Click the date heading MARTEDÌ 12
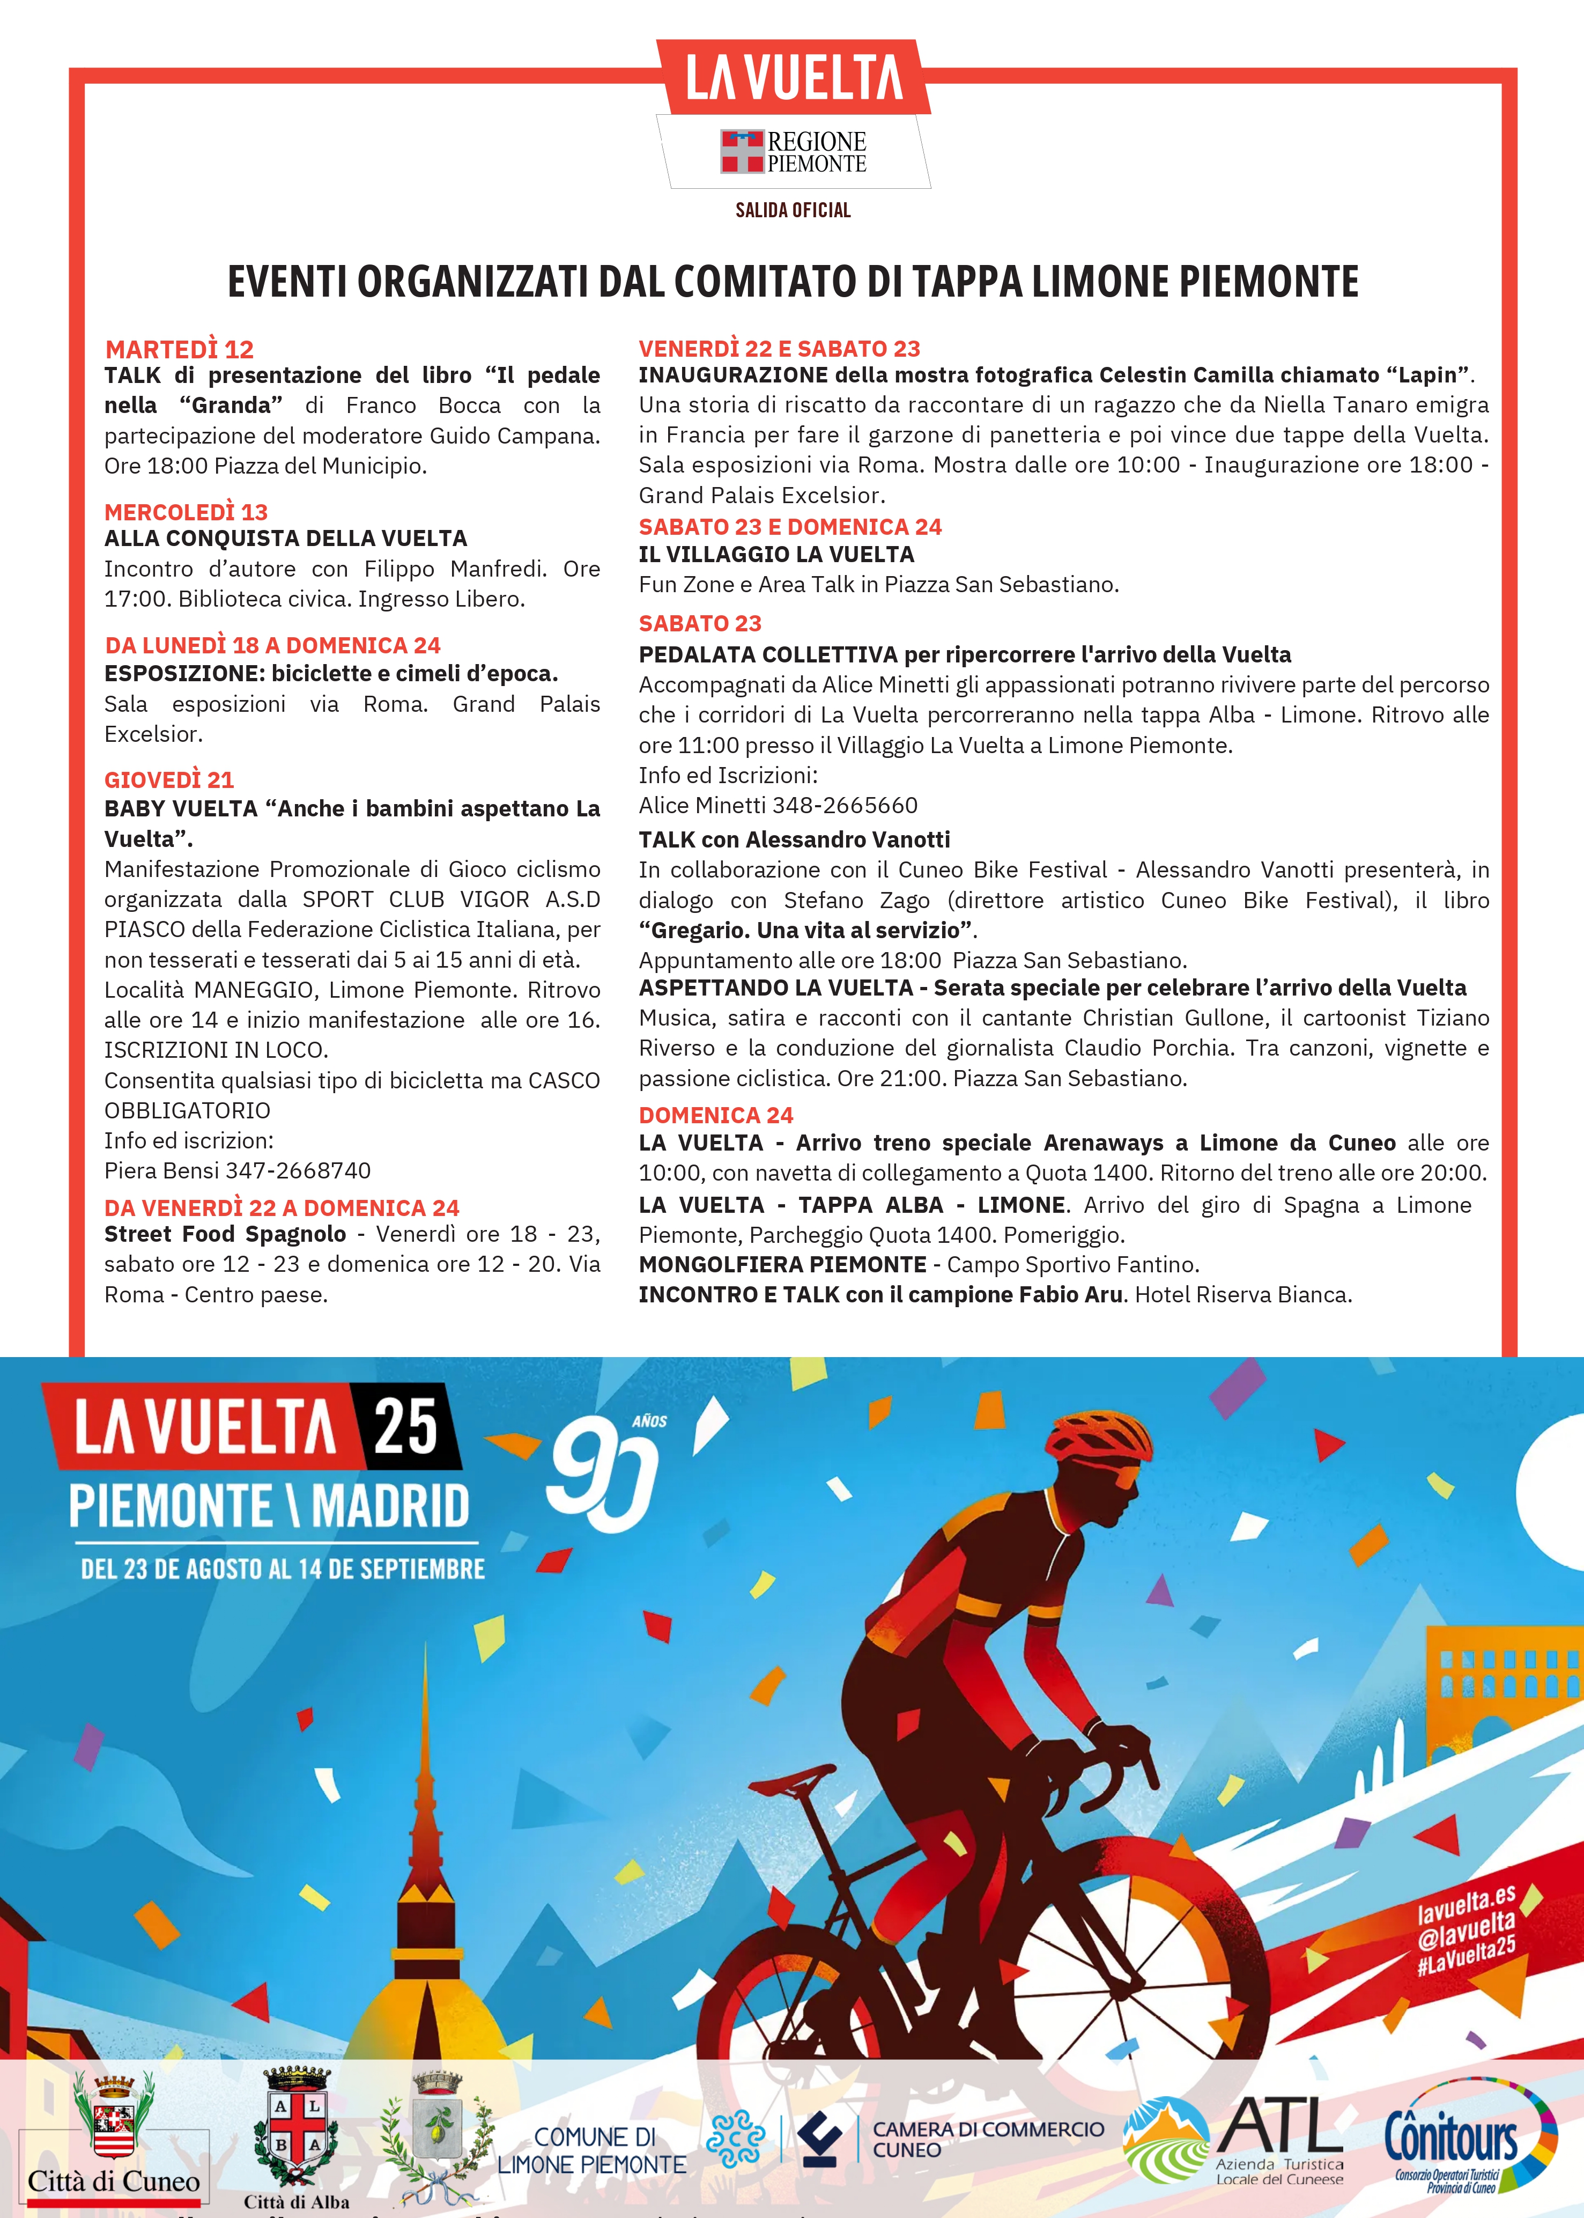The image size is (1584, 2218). [x=180, y=349]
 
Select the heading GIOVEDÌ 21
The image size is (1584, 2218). [x=169, y=780]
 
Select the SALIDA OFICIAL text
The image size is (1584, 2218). [x=793, y=210]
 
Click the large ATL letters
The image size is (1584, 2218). [x=1280, y=2124]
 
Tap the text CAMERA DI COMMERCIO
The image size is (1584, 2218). [x=988, y=2128]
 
